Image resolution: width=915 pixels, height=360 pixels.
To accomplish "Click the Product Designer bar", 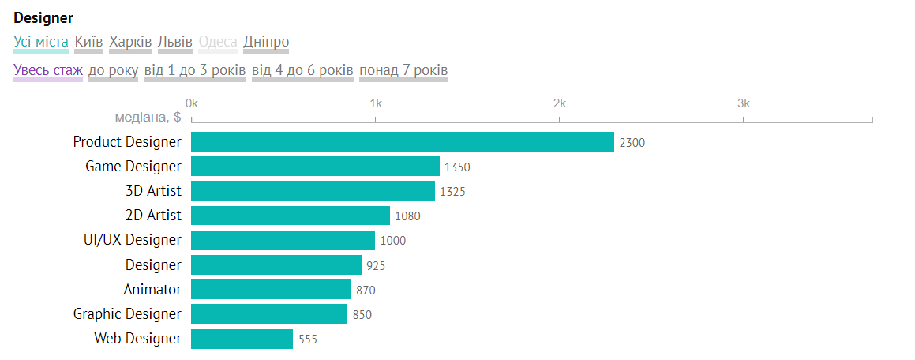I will pyautogui.click(x=403, y=142).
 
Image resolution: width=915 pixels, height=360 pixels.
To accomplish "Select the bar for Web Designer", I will pyautogui.click(x=242, y=339).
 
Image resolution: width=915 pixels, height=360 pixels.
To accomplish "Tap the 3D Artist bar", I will pyautogui.click(x=313, y=191).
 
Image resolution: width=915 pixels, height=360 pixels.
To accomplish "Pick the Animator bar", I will pyautogui.click(x=271, y=290).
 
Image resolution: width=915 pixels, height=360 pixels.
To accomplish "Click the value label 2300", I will pyautogui.click(x=632, y=143).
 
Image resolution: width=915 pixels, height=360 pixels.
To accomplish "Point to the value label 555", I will pyautogui.click(x=308, y=339).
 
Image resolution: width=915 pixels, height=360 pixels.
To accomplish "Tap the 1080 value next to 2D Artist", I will pyautogui.click(x=407, y=216).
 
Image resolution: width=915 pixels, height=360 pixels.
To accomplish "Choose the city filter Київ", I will pyautogui.click(x=88, y=42).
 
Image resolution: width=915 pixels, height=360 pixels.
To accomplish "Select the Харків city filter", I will pyautogui.click(x=130, y=42).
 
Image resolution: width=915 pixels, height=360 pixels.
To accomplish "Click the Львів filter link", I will pyautogui.click(x=175, y=42).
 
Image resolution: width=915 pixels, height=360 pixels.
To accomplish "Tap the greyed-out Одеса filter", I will pyautogui.click(x=218, y=42).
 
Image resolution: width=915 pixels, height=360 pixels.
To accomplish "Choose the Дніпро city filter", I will pyautogui.click(x=266, y=42).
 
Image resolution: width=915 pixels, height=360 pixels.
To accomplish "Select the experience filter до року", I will pyautogui.click(x=113, y=71).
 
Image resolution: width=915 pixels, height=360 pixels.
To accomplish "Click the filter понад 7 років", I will pyautogui.click(x=403, y=71).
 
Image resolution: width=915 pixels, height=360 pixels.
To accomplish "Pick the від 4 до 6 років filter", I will pyautogui.click(x=302, y=71).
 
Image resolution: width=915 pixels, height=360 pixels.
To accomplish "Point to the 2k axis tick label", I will pyautogui.click(x=559, y=103).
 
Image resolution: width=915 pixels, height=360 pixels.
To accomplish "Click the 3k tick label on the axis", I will pyautogui.click(x=743, y=103).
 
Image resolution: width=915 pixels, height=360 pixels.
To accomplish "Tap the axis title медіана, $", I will pyautogui.click(x=148, y=118).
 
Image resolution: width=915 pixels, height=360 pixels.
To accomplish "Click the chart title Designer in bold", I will pyautogui.click(x=43, y=17).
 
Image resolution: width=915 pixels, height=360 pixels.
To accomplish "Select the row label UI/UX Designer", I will pyautogui.click(x=132, y=240).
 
